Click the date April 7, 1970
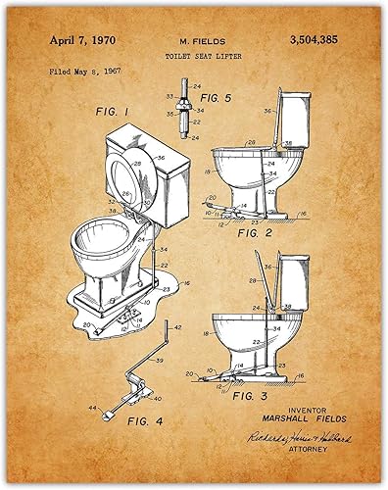[66, 40]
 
